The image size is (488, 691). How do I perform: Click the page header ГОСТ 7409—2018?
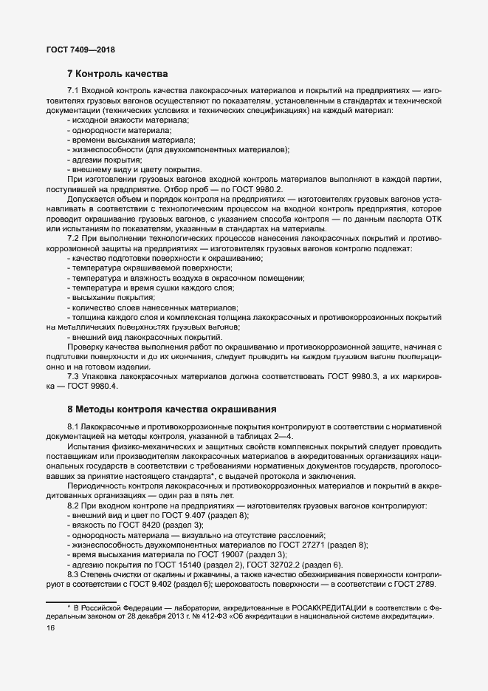pyautogui.click(x=80, y=50)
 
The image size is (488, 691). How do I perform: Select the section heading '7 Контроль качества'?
pyautogui.click(x=118, y=74)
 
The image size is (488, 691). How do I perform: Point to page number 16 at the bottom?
pyautogui.click(x=51, y=627)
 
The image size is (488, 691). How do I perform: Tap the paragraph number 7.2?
pyautogui.click(x=75, y=239)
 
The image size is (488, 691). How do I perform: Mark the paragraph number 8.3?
pyautogui.click(x=75, y=573)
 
